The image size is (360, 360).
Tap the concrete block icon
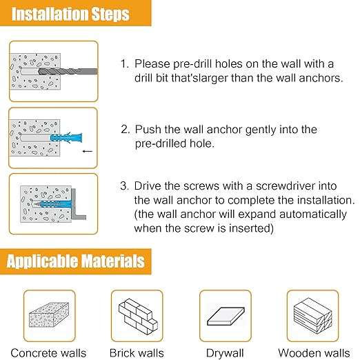point(49,315)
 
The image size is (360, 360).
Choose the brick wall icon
point(137,315)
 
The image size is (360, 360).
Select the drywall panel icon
point(225,315)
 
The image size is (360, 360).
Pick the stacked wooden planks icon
point(313,315)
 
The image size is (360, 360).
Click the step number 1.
point(123,63)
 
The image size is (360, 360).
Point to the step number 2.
point(124,129)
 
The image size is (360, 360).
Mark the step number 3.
point(124,186)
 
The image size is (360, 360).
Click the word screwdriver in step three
point(264,186)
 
